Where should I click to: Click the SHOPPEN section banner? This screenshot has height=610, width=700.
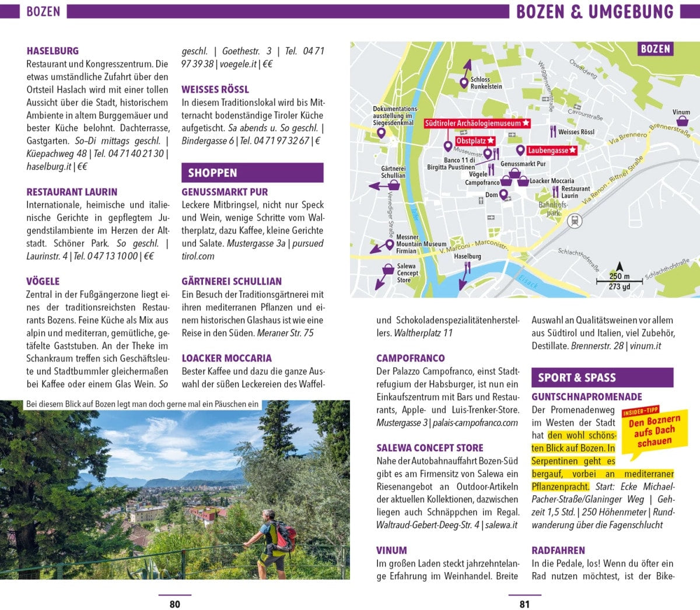click(x=252, y=173)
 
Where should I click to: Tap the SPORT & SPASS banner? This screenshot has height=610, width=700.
click(x=602, y=377)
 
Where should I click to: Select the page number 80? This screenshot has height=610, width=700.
click(x=174, y=604)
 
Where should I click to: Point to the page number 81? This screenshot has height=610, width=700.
click(x=524, y=604)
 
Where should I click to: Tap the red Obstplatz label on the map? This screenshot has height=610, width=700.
click(x=475, y=141)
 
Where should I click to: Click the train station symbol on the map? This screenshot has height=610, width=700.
click(x=575, y=221)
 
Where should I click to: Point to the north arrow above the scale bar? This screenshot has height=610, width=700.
click(x=619, y=267)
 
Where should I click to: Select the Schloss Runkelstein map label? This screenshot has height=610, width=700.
click(x=486, y=83)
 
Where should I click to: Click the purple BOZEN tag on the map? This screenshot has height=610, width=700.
click(x=655, y=49)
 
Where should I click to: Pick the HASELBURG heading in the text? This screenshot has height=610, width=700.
click(x=52, y=51)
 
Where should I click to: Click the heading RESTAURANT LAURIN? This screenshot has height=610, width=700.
click(x=72, y=192)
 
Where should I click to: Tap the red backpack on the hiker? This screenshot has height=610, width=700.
click(x=283, y=536)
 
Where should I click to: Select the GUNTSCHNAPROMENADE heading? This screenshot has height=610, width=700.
click(x=587, y=397)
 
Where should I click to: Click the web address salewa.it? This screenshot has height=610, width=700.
click(x=501, y=525)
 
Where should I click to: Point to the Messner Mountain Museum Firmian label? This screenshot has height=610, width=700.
click(x=421, y=244)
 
